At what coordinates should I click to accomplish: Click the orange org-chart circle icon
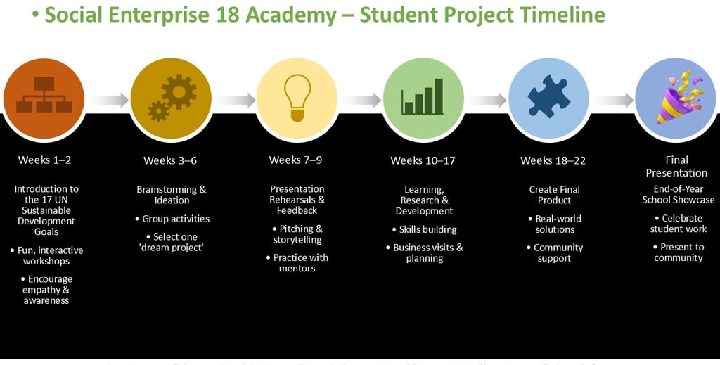click(44, 98)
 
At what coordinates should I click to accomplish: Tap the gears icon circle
click(171, 98)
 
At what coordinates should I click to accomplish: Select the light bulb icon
click(297, 98)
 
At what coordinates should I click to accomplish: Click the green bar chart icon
click(423, 98)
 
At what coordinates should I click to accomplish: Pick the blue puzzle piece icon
click(548, 98)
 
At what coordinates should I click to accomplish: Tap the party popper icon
click(675, 98)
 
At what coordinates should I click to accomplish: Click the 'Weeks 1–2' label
click(45, 160)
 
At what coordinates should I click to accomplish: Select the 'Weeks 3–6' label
click(170, 160)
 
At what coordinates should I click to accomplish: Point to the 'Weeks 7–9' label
click(295, 160)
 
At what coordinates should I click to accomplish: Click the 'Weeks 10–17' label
click(423, 160)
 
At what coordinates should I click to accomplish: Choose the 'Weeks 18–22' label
click(553, 160)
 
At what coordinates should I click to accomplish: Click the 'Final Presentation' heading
click(676, 166)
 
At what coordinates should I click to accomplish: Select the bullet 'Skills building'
click(427, 229)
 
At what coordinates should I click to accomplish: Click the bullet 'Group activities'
click(175, 219)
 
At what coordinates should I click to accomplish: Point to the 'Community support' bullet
click(558, 252)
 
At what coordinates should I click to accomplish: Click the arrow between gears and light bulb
click(234, 101)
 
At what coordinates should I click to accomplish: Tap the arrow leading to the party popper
click(612, 101)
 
